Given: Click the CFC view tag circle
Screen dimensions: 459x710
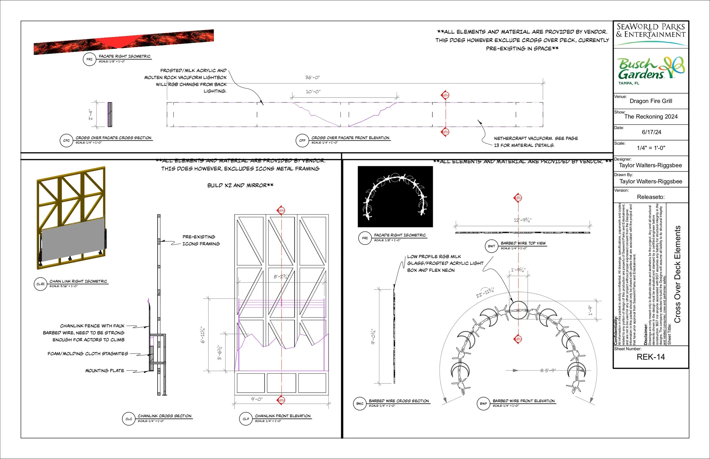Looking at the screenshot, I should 66,140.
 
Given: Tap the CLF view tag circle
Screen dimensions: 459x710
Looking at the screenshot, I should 246,419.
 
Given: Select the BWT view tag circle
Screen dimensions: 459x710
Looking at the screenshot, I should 491,246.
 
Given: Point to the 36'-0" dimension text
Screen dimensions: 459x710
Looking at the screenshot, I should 312,77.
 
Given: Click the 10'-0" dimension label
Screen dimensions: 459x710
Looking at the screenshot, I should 313,92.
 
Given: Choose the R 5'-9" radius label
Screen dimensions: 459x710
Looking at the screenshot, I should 548,370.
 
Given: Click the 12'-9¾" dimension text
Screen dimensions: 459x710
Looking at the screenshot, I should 522,220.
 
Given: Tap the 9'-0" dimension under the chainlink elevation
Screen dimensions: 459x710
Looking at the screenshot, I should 256,399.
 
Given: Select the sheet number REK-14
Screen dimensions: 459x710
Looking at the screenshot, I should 651,357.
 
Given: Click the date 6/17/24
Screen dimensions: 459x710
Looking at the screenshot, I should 651,132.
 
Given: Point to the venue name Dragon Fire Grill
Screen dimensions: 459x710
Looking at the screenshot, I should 651,101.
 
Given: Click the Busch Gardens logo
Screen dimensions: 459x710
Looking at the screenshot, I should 651,70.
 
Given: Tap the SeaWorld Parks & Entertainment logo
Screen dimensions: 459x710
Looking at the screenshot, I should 651,33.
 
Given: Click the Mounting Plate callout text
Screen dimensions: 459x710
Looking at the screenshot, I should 105,371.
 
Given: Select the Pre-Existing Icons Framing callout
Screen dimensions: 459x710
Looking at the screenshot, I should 201,240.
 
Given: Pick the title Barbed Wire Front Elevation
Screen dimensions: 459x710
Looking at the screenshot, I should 523,401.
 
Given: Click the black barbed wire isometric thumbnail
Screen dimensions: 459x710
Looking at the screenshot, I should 395,197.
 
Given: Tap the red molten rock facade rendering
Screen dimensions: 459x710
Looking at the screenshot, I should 124,42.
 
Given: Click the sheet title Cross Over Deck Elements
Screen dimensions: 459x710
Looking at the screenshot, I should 678,274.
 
